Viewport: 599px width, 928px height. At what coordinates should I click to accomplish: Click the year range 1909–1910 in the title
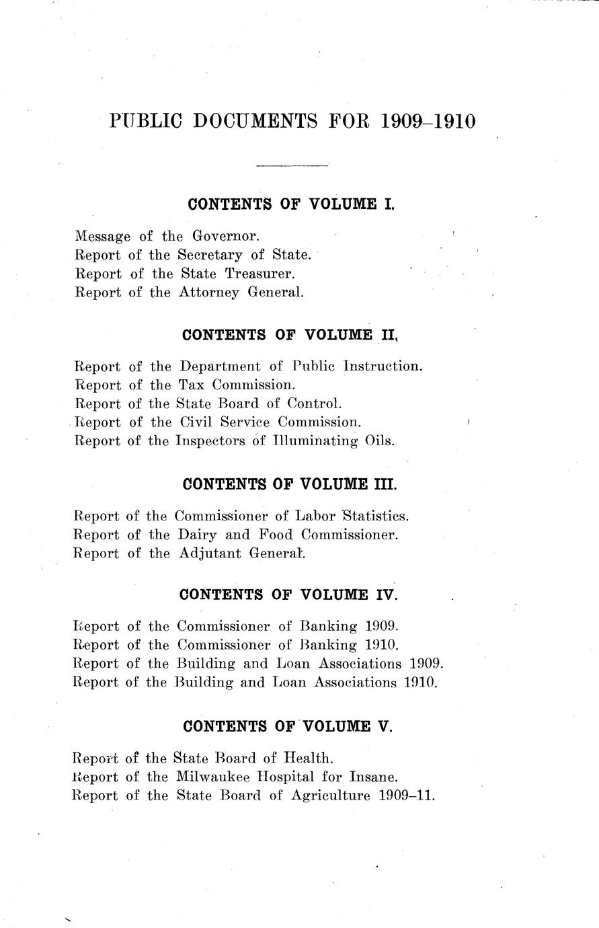428,122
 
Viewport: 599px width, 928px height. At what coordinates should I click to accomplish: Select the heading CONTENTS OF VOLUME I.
290,204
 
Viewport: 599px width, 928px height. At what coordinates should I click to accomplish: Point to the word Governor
225,236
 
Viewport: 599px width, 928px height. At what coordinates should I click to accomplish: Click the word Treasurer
260,274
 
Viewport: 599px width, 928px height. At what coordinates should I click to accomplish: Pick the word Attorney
210,293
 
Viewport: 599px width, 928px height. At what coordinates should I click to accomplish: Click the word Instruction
383,366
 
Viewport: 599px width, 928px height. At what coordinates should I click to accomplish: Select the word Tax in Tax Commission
190,385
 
